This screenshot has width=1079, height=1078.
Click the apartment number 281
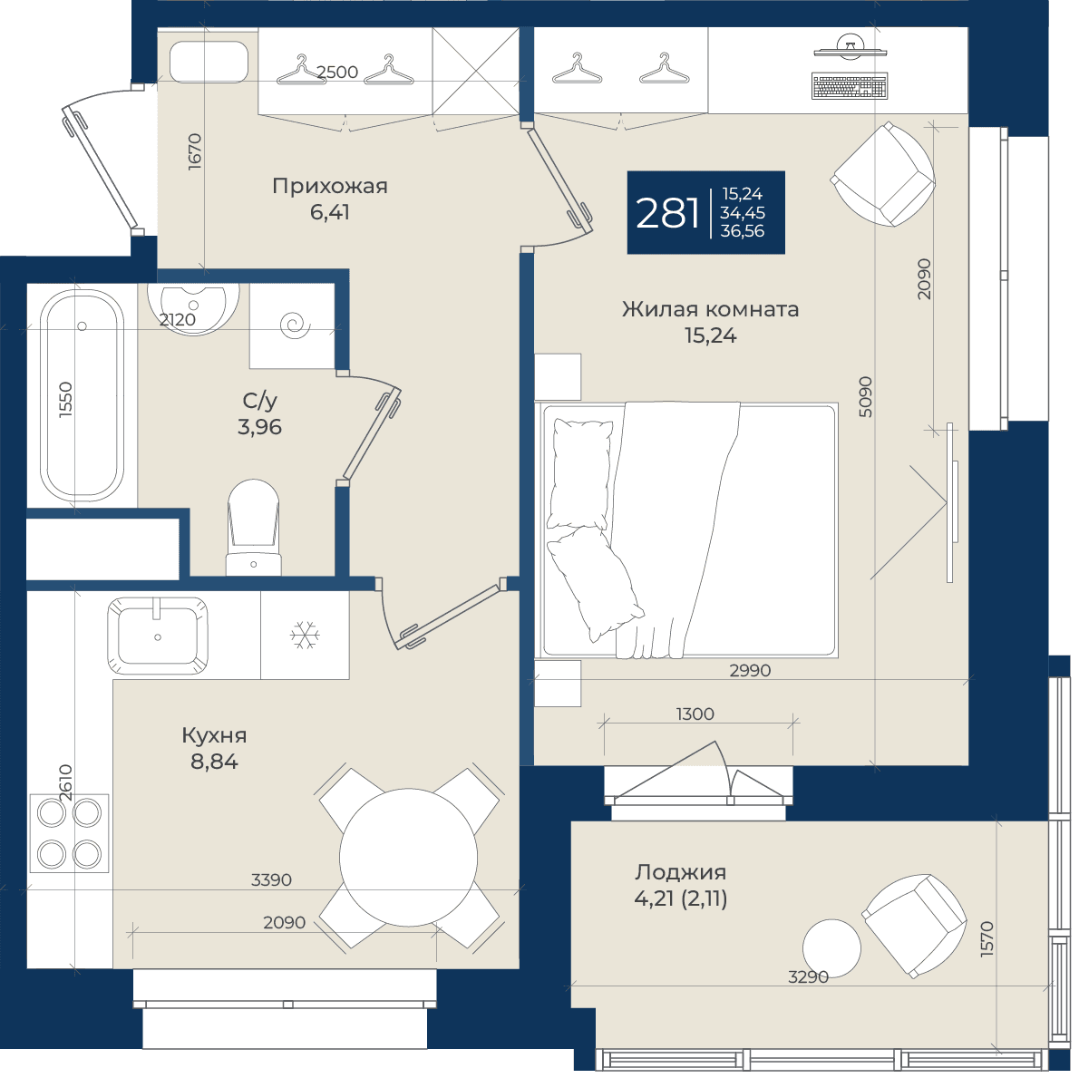667,212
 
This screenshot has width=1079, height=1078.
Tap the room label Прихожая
330,186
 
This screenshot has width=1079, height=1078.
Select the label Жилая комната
710,309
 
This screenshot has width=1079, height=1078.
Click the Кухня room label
214,735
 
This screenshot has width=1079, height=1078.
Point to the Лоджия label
680,872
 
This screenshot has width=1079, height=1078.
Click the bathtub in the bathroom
82,395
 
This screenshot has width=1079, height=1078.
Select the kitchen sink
158,636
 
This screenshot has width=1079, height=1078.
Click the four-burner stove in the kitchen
69,833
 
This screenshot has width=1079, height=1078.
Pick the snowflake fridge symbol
304,635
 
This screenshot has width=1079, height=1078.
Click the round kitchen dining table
408,858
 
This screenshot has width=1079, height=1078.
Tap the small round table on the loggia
832,948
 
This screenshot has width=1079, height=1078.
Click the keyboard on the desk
850,86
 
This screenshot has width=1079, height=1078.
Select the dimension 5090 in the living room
866,397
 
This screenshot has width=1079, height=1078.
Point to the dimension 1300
695,714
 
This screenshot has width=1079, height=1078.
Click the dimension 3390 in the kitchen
271,879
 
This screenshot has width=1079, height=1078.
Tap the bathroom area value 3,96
259,427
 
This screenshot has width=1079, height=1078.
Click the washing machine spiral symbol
297,324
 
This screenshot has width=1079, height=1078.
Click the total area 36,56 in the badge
742,231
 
